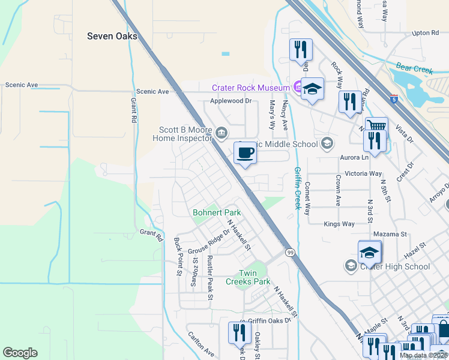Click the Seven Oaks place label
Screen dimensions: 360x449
click(112, 36)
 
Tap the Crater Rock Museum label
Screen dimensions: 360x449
click(251, 88)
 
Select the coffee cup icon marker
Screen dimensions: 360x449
click(244, 153)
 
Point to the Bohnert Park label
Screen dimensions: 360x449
click(217, 212)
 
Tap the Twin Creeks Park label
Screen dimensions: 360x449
click(247, 277)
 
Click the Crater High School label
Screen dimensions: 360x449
click(395, 266)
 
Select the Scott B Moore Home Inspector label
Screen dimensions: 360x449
click(185, 134)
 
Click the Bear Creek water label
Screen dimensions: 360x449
click(415, 70)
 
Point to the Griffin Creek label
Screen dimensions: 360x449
click(297, 188)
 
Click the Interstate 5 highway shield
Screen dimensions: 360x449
click(393, 98)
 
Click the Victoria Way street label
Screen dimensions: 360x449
click(363, 174)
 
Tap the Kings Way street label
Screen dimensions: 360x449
click(339, 224)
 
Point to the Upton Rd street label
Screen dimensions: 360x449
click(426, 33)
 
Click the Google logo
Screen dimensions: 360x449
click(20, 353)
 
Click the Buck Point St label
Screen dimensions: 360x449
click(178, 256)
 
